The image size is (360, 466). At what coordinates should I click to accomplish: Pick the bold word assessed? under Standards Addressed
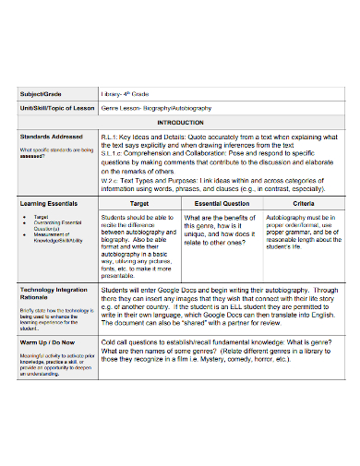coord(31,157)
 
